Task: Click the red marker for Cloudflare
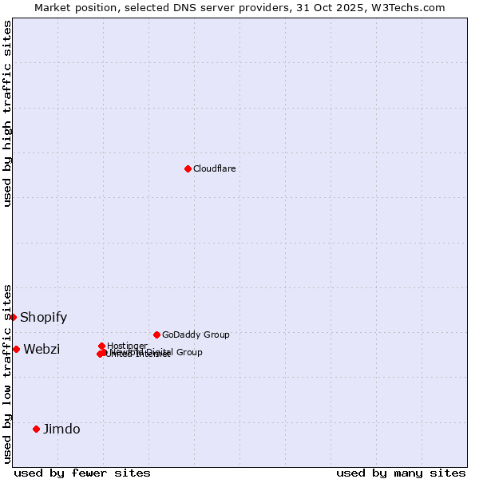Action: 188,168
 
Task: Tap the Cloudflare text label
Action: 215,168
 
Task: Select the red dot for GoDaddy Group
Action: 156,335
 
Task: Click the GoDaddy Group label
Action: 196,335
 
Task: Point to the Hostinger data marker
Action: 102,346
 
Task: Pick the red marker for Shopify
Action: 13,317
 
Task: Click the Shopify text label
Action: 44,317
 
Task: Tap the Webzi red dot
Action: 16,349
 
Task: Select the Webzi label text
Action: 42,349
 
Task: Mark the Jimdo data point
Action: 36,429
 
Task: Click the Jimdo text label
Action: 61,429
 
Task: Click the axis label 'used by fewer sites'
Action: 82,473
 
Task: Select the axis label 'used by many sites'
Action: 401,473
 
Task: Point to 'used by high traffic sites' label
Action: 7,113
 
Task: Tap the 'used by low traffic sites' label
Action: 7,373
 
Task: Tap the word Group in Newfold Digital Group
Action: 188,352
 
